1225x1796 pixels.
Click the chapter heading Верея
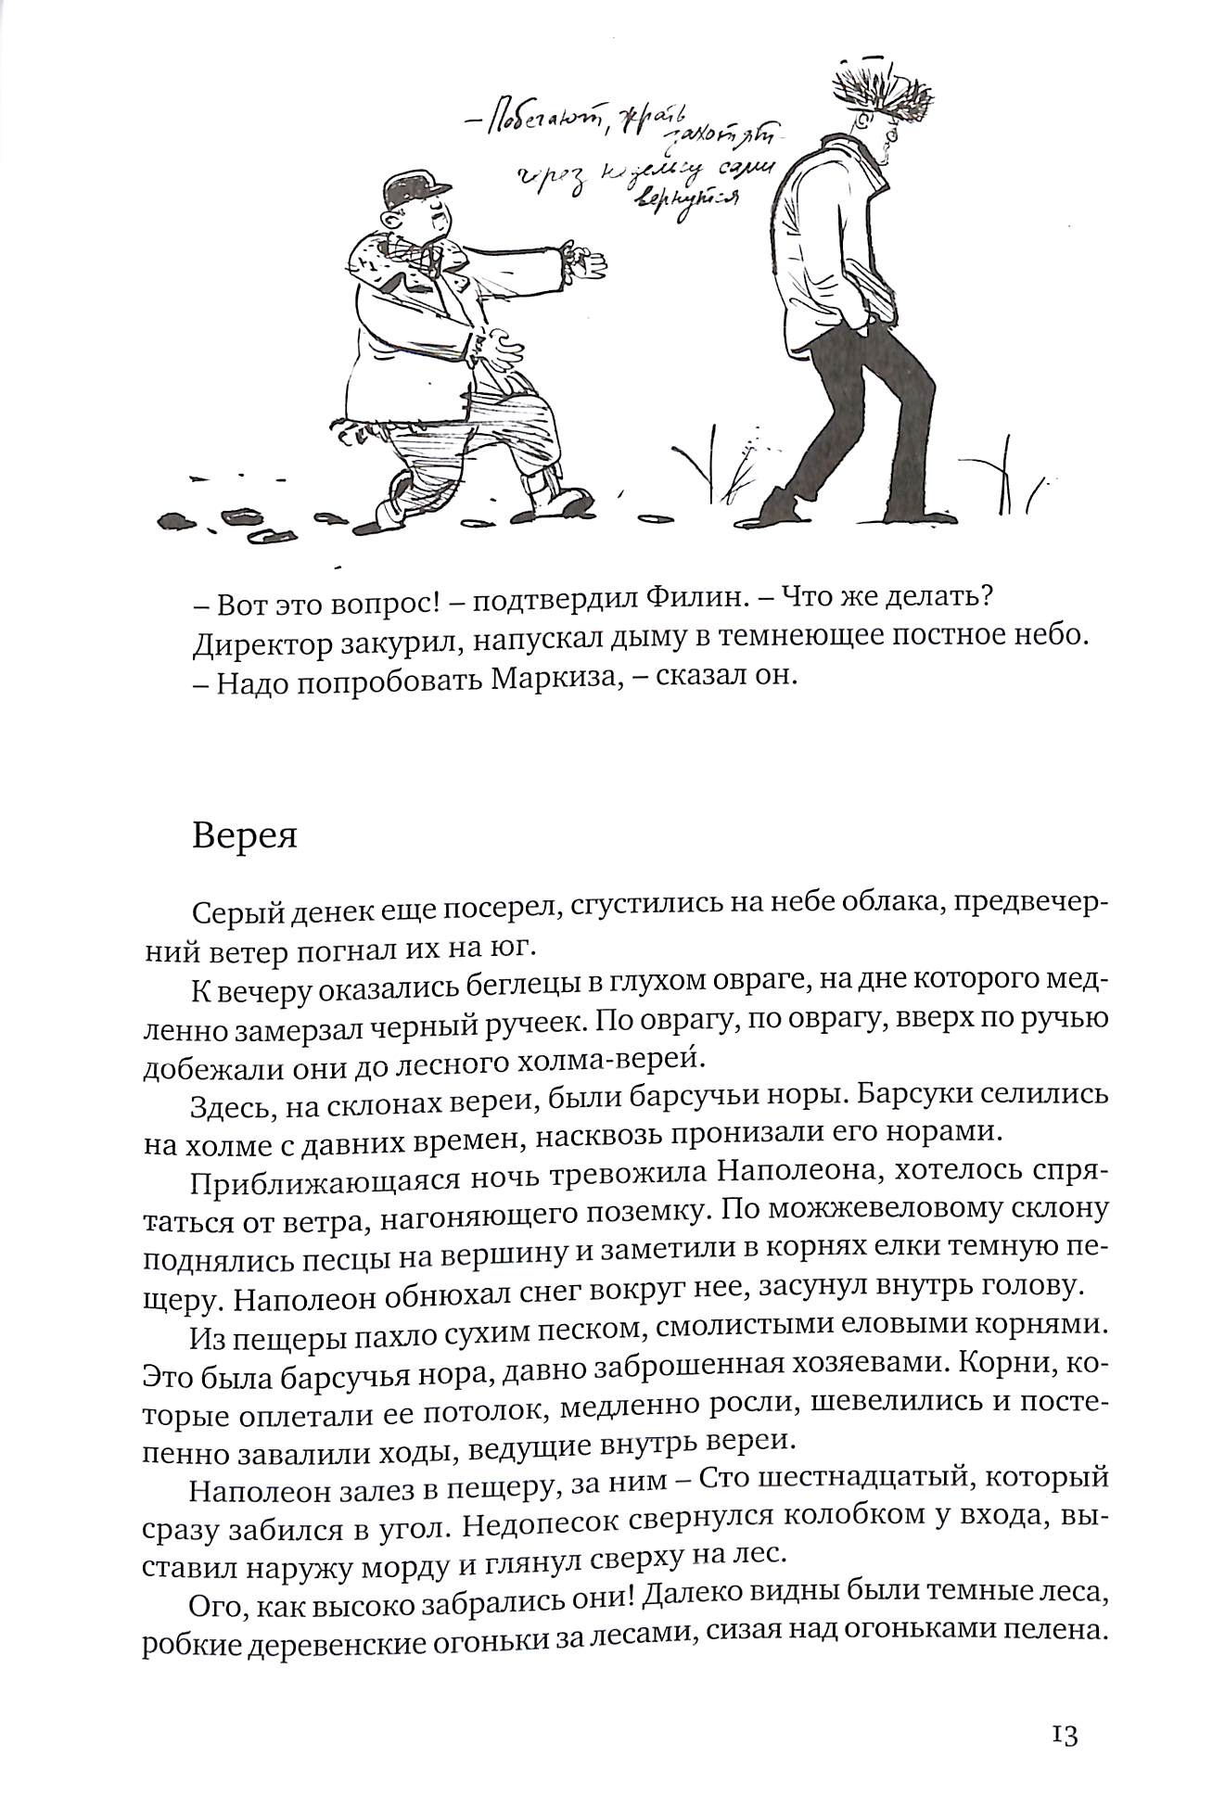pyautogui.click(x=245, y=836)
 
